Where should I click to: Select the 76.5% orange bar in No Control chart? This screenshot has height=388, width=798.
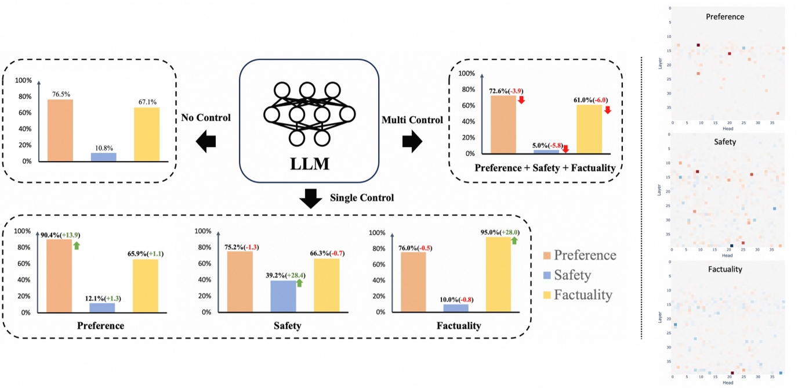(60, 130)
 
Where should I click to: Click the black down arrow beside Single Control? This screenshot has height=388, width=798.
(311, 199)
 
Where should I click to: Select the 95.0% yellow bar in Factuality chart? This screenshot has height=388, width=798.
(498, 274)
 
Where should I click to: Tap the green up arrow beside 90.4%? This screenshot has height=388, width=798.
(75, 245)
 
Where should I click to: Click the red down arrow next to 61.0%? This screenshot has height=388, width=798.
(608, 109)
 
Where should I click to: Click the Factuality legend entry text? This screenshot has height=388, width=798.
(583, 294)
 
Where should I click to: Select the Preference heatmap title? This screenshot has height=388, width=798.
(725, 16)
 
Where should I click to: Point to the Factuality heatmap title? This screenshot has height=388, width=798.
(725, 269)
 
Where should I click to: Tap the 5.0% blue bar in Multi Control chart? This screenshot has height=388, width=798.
(546, 152)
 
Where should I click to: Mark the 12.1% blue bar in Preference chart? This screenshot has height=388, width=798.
(102, 307)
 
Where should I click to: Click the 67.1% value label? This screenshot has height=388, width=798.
(147, 102)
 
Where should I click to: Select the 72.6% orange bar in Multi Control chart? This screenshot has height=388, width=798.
(503, 124)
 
